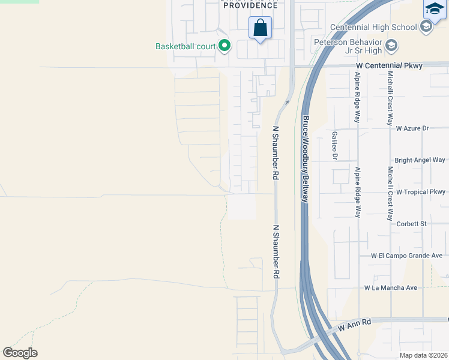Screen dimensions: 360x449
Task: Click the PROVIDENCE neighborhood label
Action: click(250, 5)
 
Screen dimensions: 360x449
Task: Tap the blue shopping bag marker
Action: click(260, 28)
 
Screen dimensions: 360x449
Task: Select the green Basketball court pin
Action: click(224, 46)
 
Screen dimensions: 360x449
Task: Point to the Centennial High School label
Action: click(373, 27)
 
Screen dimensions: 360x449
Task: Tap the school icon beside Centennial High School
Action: click(426, 27)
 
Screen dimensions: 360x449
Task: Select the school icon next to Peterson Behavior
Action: click(391, 45)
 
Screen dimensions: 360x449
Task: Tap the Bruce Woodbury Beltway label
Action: click(306, 159)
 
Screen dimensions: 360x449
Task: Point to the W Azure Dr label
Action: click(412, 128)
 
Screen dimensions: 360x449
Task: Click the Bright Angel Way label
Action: click(420, 160)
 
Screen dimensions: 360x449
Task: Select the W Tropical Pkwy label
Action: click(421, 192)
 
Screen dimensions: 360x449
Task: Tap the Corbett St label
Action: click(411, 224)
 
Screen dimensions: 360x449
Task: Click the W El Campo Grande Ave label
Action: click(406, 256)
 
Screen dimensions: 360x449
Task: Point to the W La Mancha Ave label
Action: click(390, 288)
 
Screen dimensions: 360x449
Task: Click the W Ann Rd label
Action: click(355, 326)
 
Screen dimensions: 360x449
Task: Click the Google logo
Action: click(20, 353)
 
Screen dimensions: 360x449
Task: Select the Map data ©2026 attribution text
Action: click(424, 355)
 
